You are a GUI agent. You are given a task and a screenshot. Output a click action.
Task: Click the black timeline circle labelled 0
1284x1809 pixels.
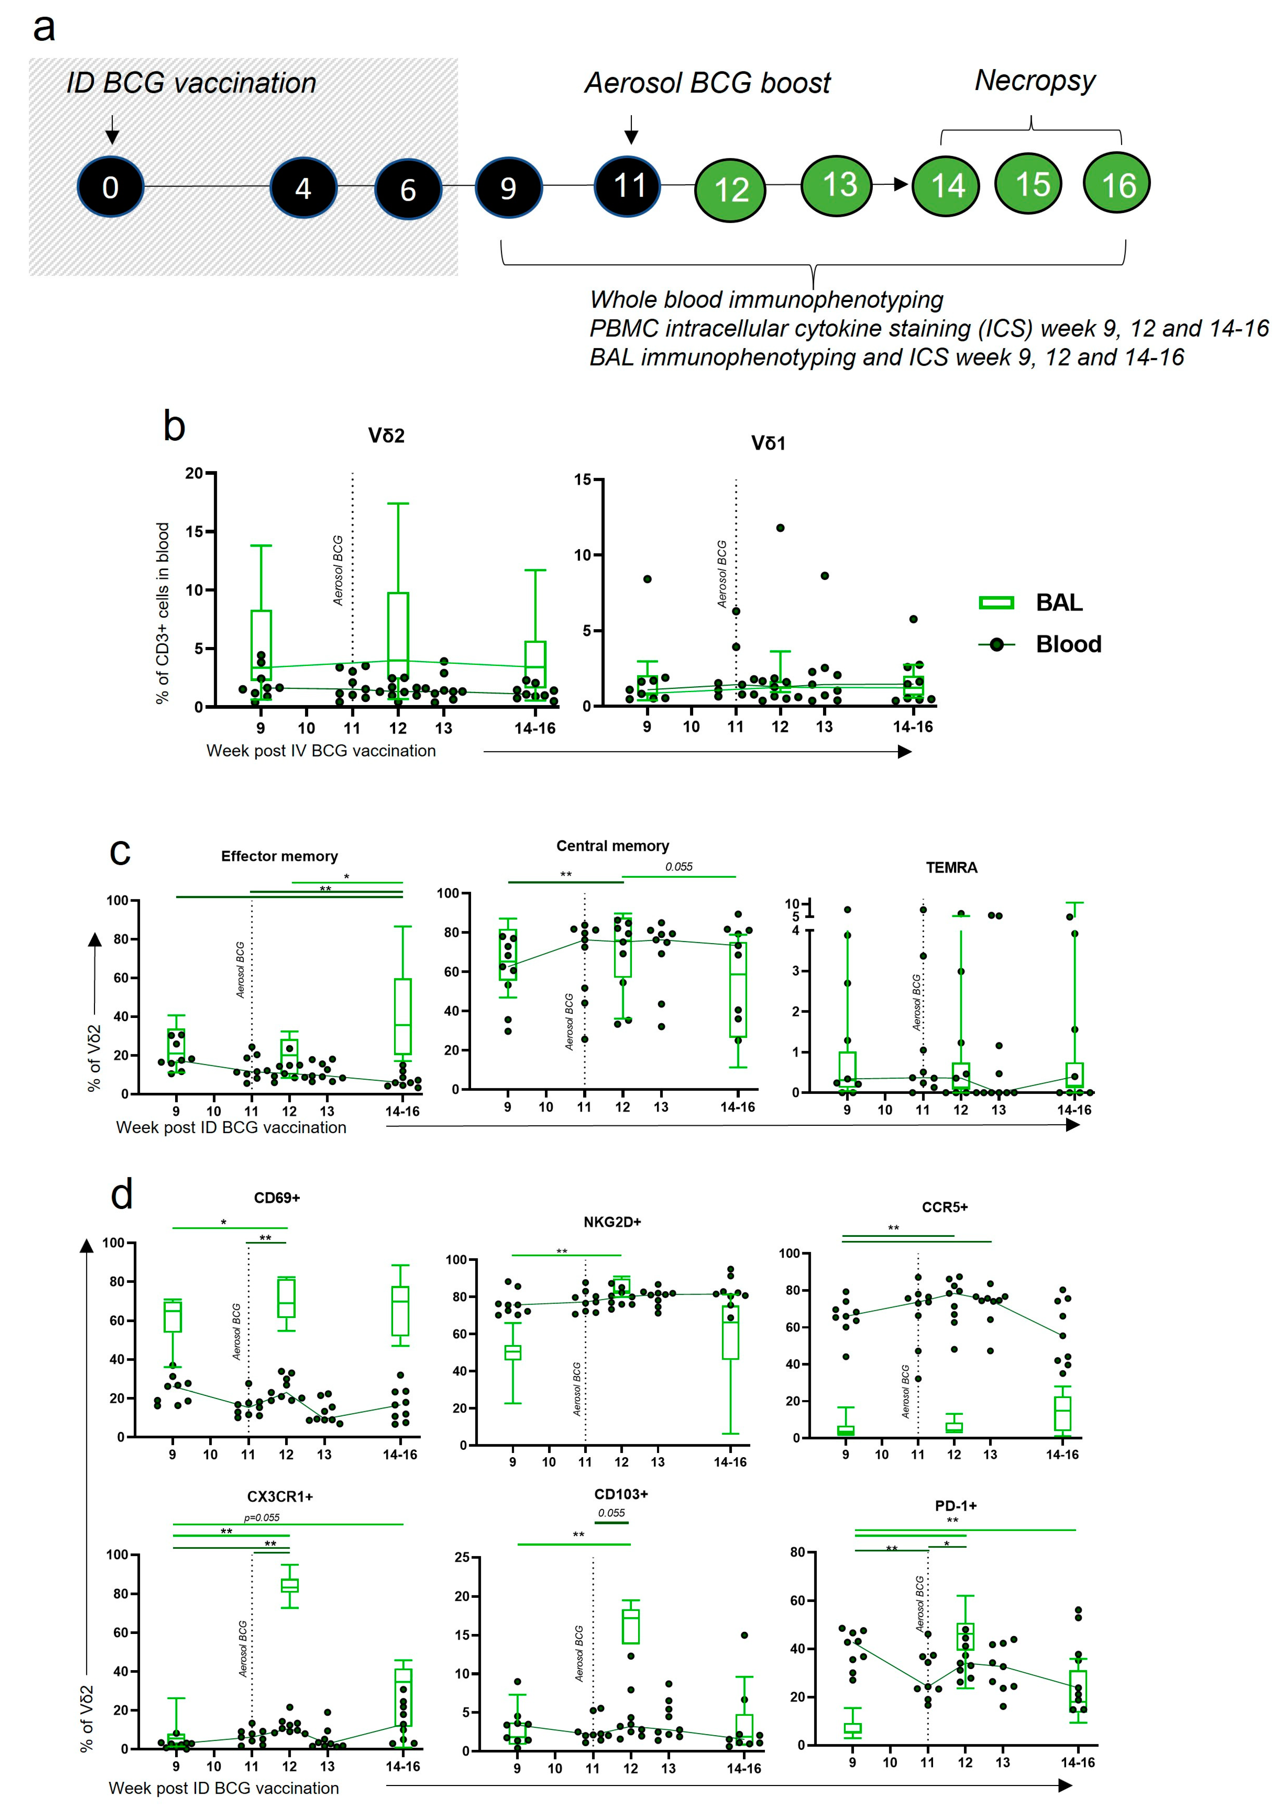[111, 187]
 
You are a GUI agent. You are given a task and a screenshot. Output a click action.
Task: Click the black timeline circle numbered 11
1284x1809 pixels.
[628, 186]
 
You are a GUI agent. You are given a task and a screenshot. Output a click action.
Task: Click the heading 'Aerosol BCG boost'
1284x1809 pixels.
[707, 83]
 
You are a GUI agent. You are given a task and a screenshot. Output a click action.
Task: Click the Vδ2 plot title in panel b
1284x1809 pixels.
[386, 435]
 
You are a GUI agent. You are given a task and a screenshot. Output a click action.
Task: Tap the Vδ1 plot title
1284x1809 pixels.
[768, 443]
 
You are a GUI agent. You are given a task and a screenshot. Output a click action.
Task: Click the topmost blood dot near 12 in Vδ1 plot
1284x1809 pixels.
[780, 528]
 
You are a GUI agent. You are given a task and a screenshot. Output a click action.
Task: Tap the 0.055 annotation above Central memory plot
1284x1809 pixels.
[678, 867]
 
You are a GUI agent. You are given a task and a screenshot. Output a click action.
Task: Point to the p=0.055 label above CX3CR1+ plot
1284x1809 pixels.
[262, 1517]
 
